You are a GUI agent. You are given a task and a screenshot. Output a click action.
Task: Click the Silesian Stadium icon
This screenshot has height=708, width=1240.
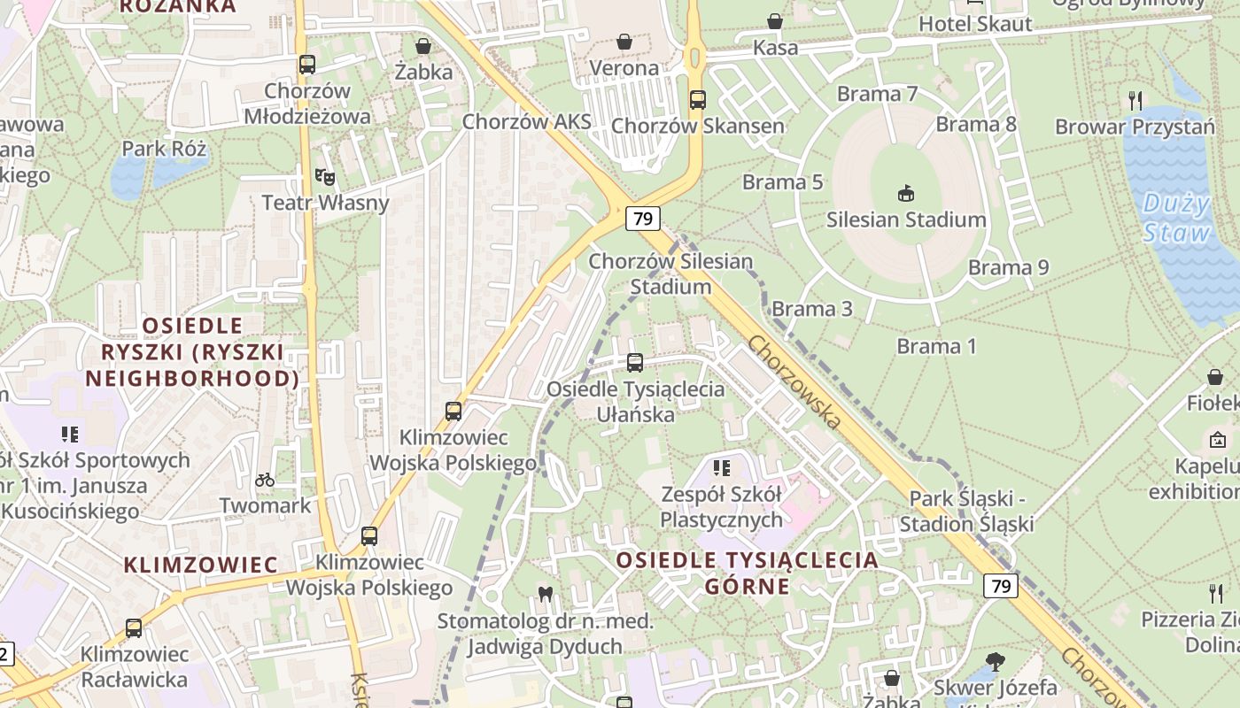tap(906, 192)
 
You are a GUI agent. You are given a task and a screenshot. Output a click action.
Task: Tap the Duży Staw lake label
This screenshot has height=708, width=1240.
tap(1176, 219)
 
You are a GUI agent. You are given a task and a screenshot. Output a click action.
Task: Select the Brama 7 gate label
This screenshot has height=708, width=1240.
tap(877, 94)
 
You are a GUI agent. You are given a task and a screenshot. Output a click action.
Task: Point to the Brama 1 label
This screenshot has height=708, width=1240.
tap(936, 346)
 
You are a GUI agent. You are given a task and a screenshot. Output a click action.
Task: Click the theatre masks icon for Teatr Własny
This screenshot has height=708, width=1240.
tap(325, 177)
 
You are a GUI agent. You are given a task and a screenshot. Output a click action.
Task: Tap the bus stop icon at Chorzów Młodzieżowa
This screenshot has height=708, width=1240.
tap(307, 65)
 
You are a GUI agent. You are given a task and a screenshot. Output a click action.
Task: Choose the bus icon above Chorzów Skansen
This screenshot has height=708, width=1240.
tap(698, 100)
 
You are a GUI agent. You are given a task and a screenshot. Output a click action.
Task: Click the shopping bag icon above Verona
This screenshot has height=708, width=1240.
tap(624, 42)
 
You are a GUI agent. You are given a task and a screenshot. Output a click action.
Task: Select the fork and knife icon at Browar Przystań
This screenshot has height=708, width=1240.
tap(1135, 100)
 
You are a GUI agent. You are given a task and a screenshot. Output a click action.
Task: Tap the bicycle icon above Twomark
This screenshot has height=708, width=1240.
tap(265, 480)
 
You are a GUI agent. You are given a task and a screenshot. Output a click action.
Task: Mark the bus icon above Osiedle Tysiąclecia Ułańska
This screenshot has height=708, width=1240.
tap(635, 362)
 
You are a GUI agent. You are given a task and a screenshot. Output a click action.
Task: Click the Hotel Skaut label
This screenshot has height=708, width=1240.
tap(975, 24)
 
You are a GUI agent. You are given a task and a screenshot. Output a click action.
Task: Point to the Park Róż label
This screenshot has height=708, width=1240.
tap(164, 148)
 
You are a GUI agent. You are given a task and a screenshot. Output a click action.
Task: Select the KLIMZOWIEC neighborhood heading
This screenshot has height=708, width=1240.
tap(200, 565)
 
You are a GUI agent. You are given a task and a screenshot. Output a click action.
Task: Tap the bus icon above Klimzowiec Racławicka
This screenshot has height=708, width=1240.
tap(134, 628)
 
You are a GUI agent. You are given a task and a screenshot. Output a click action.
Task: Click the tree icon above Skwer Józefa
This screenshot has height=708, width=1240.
tap(995, 660)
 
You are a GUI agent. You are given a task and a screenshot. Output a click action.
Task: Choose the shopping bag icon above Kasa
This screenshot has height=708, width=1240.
tap(775, 21)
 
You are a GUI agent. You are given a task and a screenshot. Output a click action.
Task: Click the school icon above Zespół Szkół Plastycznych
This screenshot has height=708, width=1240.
tap(721, 467)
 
